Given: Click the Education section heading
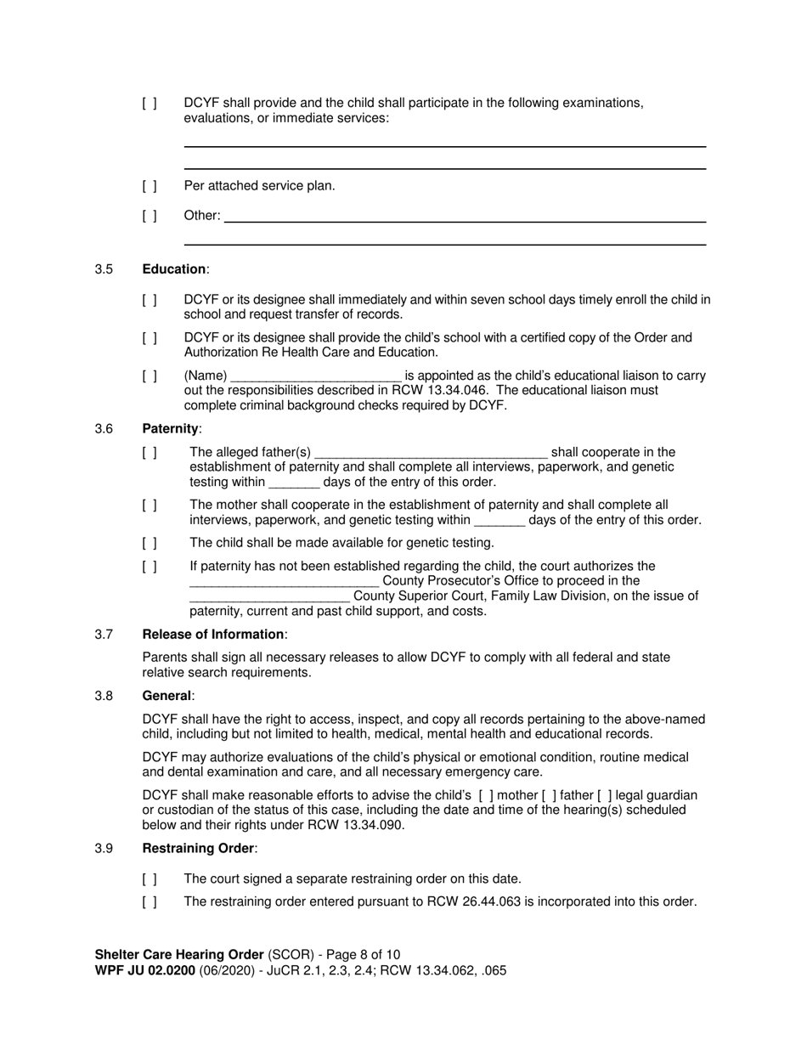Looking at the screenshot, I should tap(174, 269).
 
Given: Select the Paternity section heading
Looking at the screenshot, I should tap(171, 429).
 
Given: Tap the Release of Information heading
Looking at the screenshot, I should tap(213, 635).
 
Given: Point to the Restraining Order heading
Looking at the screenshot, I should tap(198, 849).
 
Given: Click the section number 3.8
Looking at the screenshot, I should tap(104, 696).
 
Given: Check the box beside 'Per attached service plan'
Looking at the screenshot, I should tap(150, 186).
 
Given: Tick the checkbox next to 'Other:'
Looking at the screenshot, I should tap(150, 216).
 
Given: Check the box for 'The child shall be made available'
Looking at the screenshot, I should tap(150, 543).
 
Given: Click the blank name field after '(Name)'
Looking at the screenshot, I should tap(315, 376).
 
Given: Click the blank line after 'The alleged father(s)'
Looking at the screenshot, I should tap(431, 453).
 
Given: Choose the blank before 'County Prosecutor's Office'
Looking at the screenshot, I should tap(284, 582).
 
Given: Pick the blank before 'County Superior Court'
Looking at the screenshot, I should tap(268, 596).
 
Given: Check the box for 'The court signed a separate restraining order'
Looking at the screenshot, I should tap(150, 879).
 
